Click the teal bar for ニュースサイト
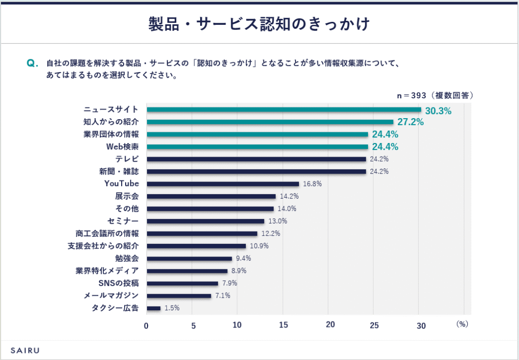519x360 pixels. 284,110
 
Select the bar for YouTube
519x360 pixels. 223,184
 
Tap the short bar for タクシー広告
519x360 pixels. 154,308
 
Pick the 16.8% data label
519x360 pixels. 312,184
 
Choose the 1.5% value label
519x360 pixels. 172,308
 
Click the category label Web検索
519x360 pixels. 122,147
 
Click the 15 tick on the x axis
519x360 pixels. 283,325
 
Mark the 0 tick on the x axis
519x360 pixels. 146,326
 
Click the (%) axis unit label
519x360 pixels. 461,323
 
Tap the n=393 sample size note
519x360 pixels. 434,95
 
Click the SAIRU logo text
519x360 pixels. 25,350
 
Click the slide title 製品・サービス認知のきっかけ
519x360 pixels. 259,23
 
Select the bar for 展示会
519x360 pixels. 211,196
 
